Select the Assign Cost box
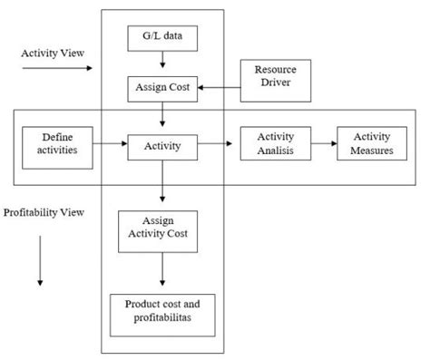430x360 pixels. [x=163, y=88]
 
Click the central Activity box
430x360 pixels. [x=163, y=143]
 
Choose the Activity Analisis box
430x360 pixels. [x=274, y=143]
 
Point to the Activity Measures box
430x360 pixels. [x=371, y=143]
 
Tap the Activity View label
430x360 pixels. [x=53, y=53]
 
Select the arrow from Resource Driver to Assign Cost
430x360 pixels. [x=219, y=88]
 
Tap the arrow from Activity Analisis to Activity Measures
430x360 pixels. [x=323, y=143]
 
